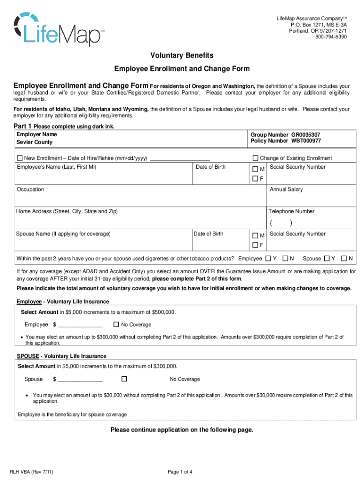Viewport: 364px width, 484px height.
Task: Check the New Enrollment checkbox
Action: [19, 158]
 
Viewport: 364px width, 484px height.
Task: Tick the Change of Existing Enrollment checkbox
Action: [255, 158]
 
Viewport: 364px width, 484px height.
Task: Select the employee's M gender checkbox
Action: [255, 169]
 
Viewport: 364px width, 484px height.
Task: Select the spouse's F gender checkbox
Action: [255, 245]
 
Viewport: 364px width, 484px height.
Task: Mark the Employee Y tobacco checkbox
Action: [268, 259]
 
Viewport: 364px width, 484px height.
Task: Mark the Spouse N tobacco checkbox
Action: [350, 259]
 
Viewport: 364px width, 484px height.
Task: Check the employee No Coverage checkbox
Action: [116, 324]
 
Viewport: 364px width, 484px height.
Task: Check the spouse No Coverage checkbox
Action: [124, 379]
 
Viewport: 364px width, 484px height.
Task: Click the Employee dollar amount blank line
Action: [80, 325]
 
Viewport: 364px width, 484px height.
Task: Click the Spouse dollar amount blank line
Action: [80, 380]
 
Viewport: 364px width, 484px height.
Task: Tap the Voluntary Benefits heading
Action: [182, 55]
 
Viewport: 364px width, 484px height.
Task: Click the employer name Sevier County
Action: [35, 142]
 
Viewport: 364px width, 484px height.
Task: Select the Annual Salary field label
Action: [286, 190]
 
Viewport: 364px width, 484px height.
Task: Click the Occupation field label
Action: [30, 190]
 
